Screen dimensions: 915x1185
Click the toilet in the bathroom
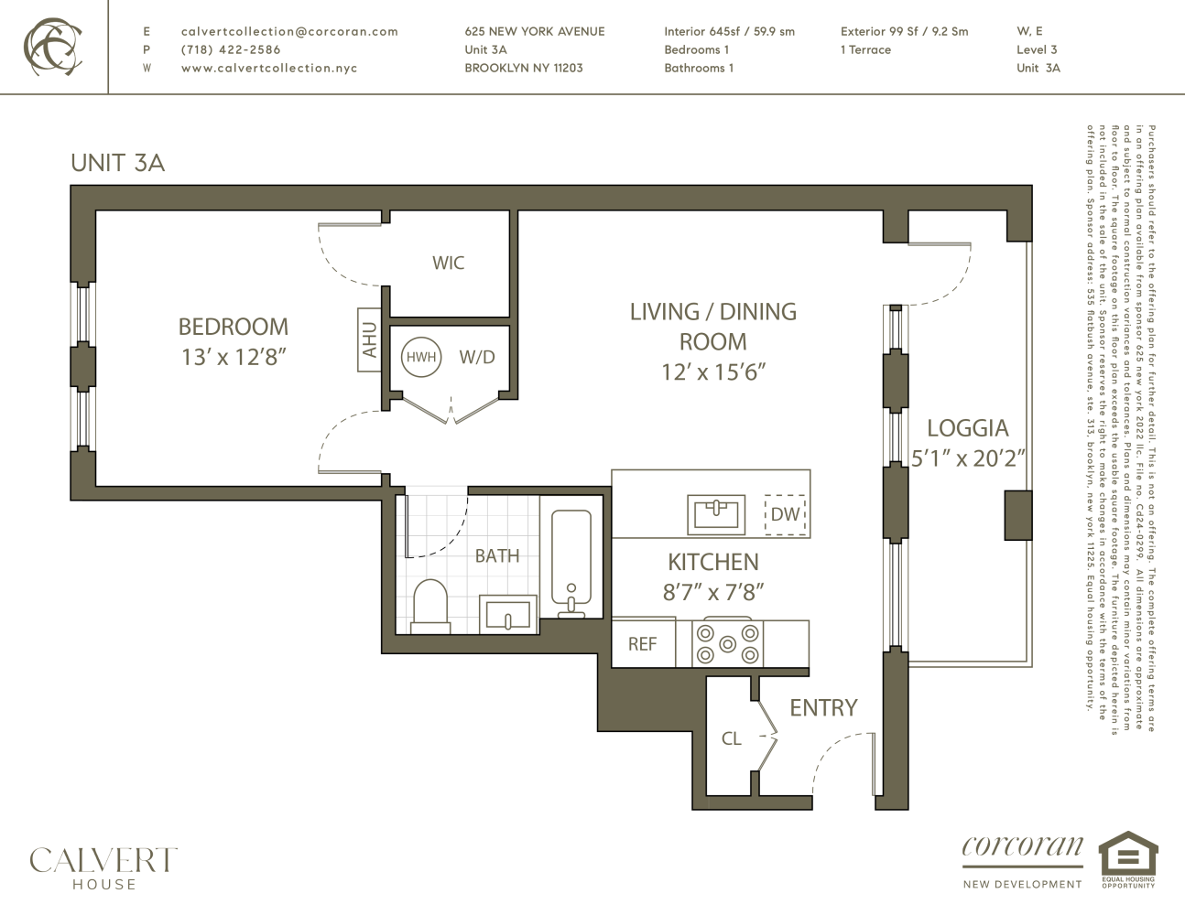coord(430,606)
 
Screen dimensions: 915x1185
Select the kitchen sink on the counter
coord(717,514)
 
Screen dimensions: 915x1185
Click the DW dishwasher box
coord(785,514)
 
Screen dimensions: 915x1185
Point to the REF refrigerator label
coord(642,644)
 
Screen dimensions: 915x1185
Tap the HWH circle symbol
coord(421,357)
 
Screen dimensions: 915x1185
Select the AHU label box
coord(369,339)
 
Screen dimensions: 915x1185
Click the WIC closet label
coord(448,264)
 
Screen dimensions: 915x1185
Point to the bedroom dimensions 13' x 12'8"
coord(234,357)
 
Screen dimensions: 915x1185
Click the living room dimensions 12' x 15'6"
coord(712,371)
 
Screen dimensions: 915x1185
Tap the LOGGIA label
coord(967,428)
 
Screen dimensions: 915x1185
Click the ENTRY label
coord(823,707)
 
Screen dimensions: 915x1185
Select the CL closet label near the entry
coord(731,738)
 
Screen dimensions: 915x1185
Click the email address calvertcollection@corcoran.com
coord(289,31)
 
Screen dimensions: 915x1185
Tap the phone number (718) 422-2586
coord(231,49)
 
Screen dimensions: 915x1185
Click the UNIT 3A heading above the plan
coord(117,163)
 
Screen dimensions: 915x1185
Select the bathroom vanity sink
coord(509,614)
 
